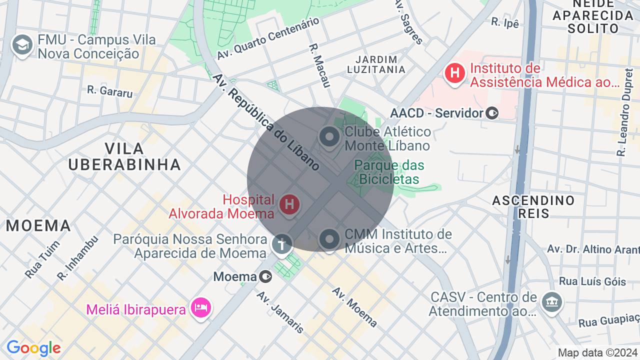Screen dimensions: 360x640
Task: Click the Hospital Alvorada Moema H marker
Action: click(289, 204)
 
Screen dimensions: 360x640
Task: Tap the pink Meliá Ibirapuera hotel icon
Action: click(200, 307)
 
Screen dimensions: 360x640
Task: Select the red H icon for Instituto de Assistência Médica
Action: click(455, 73)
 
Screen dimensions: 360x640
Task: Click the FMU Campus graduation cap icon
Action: click(22, 45)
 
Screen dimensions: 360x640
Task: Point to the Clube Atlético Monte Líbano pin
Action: click(329, 136)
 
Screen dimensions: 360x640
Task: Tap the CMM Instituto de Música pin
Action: click(329, 239)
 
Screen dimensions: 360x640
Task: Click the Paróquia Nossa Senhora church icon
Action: click(282, 244)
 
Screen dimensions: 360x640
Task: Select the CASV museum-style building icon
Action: click(552, 301)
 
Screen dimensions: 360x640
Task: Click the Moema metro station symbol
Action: click(266, 276)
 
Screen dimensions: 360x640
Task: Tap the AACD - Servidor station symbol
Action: click(492, 113)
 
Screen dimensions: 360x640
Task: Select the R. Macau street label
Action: click(319, 65)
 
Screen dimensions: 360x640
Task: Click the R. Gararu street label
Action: click(110, 91)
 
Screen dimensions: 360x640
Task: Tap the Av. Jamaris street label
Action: click(280, 311)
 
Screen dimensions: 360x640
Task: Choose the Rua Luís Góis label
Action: click(592, 281)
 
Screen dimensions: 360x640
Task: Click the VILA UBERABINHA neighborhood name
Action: click(124, 156)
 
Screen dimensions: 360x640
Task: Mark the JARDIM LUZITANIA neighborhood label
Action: click(375, 64)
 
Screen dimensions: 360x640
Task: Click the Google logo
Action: click(33, 348)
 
